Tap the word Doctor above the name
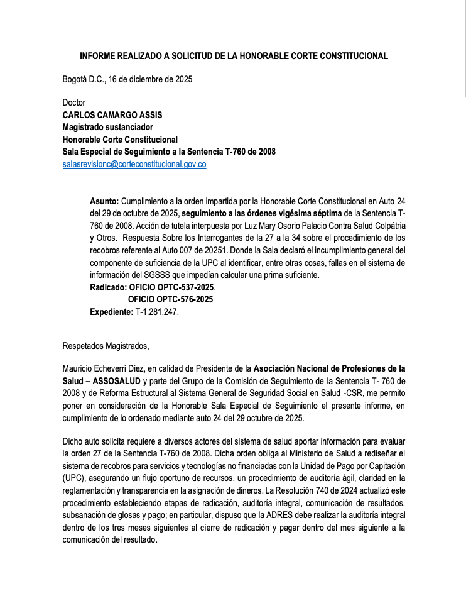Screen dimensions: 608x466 (74, 102)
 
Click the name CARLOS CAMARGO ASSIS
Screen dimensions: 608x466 (112, 114)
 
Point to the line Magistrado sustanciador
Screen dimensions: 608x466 (108, 126)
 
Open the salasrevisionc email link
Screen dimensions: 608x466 (134, 163)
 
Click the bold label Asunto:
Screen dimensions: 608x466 (104, 201)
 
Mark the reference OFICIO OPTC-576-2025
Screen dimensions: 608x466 (170, 299)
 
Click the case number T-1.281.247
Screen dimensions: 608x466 (161, 311)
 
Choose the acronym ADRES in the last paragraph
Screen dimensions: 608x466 (262, 516)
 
